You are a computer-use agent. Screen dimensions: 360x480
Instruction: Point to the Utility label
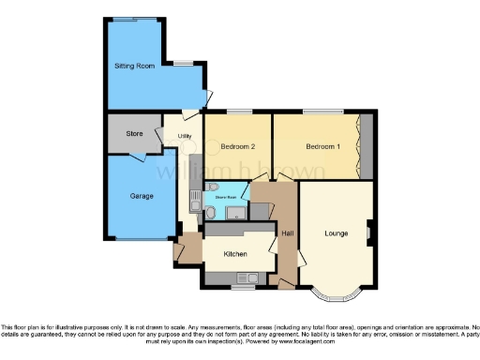coord(185,137)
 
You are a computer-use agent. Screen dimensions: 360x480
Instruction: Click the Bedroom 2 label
coord(238,146)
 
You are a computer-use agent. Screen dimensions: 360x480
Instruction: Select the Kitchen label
coord(235,254)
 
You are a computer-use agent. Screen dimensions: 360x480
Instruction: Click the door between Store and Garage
coord(137,157)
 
